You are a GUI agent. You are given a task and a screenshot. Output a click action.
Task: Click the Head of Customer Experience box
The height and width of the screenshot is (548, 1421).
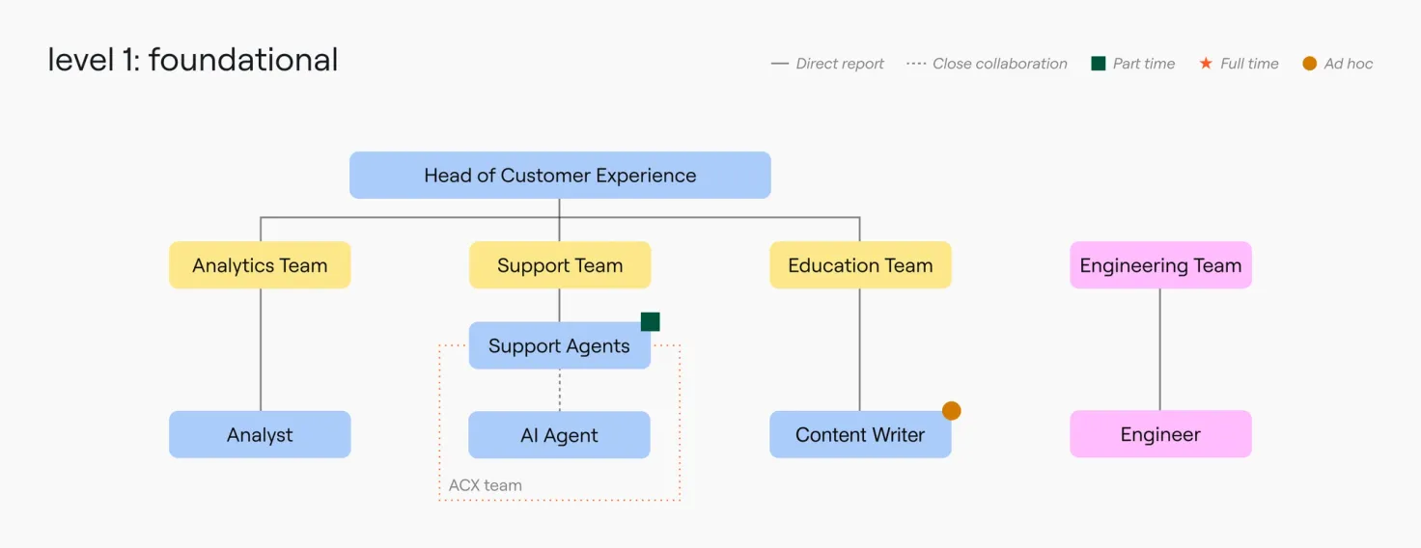click(x=560, y=175)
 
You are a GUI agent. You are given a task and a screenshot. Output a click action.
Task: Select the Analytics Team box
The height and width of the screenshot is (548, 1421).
click(x=260, y=265)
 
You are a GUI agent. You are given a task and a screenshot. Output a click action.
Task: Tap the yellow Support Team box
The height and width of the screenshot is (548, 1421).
click(x=560, y=265)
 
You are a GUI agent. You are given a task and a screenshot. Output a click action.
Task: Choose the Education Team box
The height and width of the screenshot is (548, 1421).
click(x=860, y=265)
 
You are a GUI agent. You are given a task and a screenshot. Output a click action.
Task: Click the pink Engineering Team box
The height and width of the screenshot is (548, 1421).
click(x=1160, y=265)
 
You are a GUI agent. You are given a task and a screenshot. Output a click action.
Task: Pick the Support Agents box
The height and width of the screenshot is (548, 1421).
click(x=560, y=345)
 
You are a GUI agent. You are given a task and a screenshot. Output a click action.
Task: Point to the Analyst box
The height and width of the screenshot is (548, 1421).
click(x=260, y=434)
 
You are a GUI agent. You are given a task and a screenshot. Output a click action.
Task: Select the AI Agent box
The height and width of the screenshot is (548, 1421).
click(x=559, y=435)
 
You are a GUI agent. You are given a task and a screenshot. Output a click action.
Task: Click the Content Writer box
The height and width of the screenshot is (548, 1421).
click(x=860, y=434)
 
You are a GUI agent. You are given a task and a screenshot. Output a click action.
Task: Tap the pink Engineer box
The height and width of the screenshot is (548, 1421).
click(x=1160, y=434)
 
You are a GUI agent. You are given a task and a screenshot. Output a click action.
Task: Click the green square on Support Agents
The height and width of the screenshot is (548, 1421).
click(x=651, y=321)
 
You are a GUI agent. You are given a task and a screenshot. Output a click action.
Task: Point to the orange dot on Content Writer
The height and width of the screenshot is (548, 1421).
click(x=952, y=411)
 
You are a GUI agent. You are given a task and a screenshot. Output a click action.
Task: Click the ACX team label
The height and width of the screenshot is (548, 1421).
click(x=486, y=485)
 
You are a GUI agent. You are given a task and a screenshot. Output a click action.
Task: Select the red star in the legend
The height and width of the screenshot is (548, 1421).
click(x=1206, y=63)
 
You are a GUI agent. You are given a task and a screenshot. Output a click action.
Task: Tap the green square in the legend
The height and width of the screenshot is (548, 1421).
click(x=1099, y=64)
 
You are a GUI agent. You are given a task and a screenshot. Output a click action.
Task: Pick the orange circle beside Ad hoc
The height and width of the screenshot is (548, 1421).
click(x=1309, y=64)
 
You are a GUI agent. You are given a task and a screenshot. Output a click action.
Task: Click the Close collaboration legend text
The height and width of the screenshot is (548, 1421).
click(x=1000, y=64)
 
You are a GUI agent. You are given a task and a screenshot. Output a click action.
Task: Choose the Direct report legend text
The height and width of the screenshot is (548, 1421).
click(x=839, y=64)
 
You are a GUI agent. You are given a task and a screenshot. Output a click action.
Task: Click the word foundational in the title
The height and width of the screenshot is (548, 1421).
click(x=243, y=60)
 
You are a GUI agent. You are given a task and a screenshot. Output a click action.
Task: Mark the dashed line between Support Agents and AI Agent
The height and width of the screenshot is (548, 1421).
click(x=560, y=390)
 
